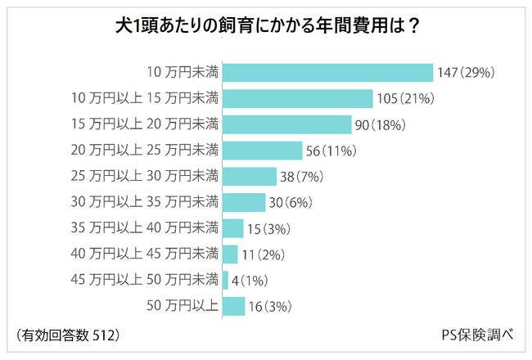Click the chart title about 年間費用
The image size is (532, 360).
point(266,25)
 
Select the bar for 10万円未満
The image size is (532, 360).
point(327,73)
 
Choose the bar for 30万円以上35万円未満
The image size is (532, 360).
point(244,202)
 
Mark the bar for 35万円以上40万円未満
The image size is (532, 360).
point(233,228)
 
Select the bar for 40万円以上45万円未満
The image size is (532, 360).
point(230,254)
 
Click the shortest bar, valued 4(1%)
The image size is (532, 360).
point(225,280)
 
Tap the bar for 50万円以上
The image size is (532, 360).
point(234,306)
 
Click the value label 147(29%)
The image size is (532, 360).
point(467,73)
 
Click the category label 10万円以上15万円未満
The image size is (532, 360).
point(145,99)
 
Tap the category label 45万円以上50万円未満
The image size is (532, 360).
point(145,280)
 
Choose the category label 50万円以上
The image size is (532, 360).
point(183,306)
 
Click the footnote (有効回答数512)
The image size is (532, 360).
point(68,335)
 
